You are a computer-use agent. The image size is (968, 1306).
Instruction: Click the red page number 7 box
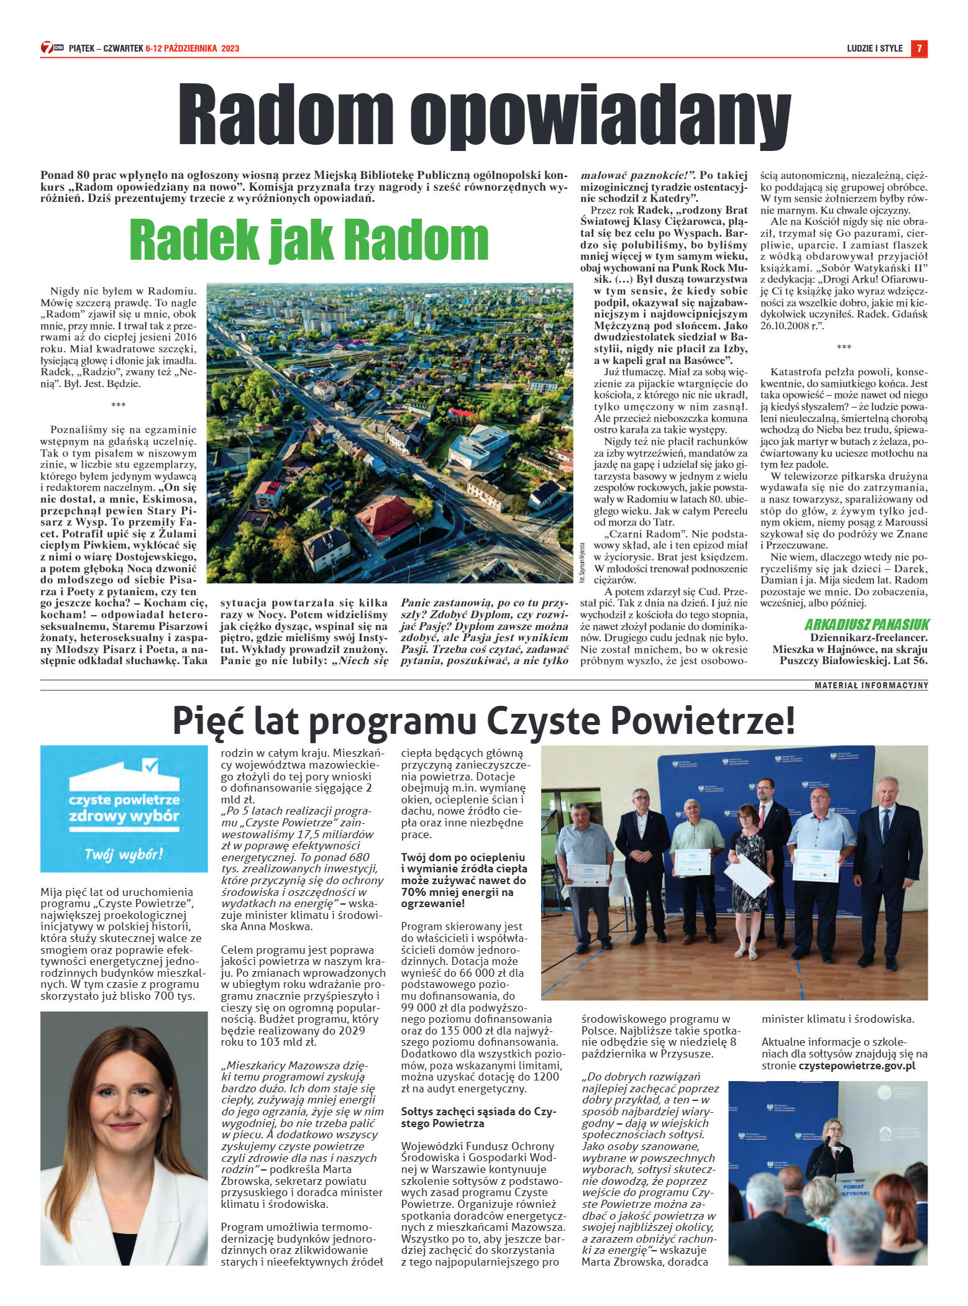coord(919,48)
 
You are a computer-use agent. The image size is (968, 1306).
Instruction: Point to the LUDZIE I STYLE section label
coord(874,48)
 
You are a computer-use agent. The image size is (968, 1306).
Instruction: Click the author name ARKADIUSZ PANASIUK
coord(867,624)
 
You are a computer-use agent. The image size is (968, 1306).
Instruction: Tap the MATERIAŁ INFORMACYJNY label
coord(871,685)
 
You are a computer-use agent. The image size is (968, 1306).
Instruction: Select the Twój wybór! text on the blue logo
coord(124,854)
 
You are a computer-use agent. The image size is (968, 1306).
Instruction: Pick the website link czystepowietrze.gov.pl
coord(857,1066)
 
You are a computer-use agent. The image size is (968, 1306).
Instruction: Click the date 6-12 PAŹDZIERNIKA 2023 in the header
coord(192,48)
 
